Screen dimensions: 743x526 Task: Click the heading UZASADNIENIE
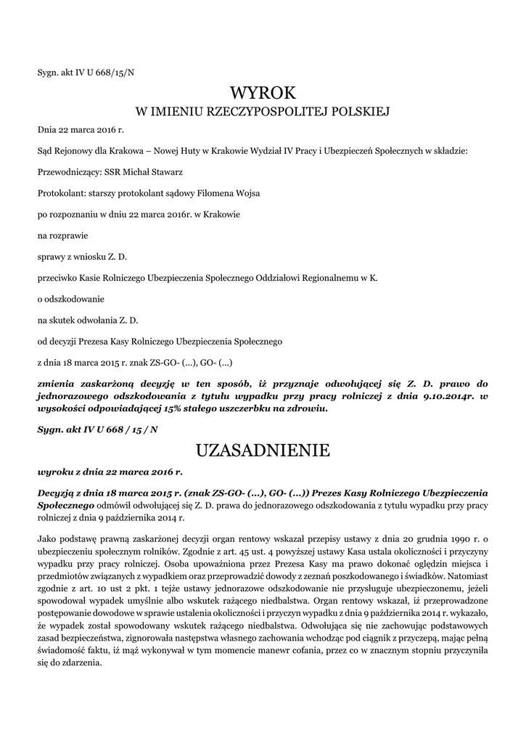(x=263, y=451)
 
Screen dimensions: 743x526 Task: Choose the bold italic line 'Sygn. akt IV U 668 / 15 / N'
(x=97, y=430)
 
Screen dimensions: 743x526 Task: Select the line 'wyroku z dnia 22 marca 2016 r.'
(x=110, y=471)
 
